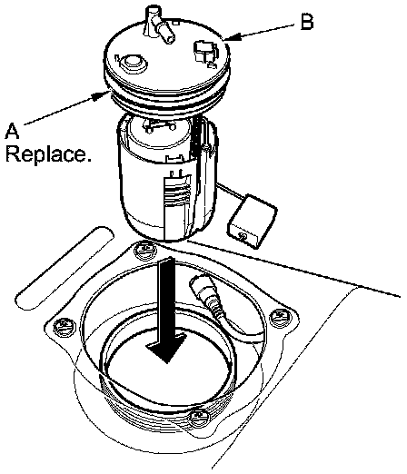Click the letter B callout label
[x=306, y=22]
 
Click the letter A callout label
[x=12, y=132]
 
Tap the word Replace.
[x=48, y=154]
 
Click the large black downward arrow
[x=167, y=310]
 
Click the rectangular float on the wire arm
[x=253, y=222]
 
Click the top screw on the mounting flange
[x=145, y=251]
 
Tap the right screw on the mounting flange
[x=280, y=318]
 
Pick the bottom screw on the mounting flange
[x=199, y=418]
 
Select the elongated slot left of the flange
[x=65, y=268]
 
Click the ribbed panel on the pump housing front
[x=178, y=206]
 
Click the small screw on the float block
[x=243, y=236]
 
